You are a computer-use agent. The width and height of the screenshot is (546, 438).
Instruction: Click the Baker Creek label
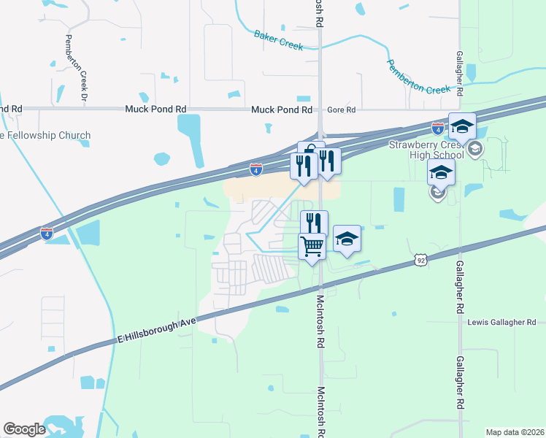(x=278, y=39)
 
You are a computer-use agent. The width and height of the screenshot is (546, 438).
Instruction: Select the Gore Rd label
(x=340, y=109)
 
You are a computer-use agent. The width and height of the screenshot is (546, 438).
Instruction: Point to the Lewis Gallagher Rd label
(x=501, y=322)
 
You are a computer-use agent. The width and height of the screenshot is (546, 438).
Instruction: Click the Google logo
(x=25, y=429)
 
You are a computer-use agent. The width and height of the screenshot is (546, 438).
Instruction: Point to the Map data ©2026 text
(x=514, y=431)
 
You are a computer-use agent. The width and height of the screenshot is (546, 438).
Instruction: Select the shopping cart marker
(x=312, y=247)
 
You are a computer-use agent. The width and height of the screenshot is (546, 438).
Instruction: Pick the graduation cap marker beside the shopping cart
(x=347, y=240)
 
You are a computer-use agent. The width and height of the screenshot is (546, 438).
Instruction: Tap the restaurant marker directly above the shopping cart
(x=314, y=223)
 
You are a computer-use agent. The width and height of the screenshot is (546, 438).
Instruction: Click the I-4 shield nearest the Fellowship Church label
(x=46, y=234)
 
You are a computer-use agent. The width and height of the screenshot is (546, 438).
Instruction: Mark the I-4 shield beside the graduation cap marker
(x=437, y=128)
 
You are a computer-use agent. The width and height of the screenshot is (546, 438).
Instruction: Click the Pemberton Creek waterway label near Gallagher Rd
(x=419, y=77)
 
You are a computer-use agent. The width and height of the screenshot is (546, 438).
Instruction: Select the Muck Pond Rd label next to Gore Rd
(x=282, y=109)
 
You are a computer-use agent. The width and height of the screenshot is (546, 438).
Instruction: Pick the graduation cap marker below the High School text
(x=441, y=174)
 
